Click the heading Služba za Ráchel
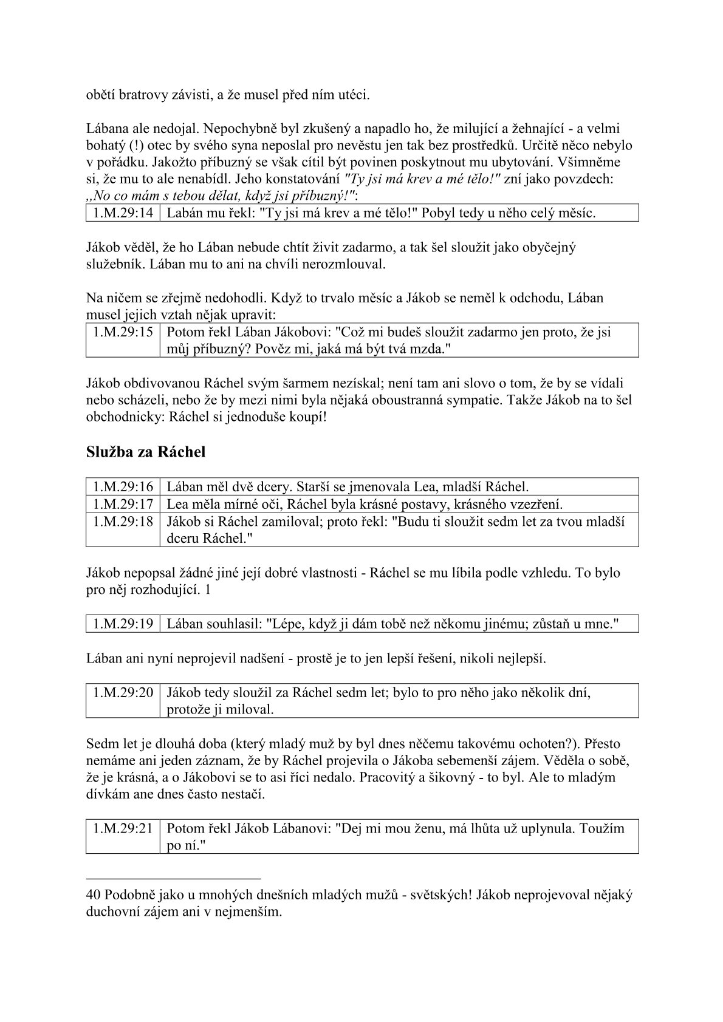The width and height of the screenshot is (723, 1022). [145, 452]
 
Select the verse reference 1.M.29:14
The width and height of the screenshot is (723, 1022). [123, 213]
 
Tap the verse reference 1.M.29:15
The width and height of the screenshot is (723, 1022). [123, 332]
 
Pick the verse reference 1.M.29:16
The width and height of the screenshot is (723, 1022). [123, 487]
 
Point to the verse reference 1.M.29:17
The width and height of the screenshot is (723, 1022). [123, 504]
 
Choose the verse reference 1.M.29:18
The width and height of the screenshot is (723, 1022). [123, 521]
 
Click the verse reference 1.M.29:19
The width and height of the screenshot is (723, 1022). [123, 624]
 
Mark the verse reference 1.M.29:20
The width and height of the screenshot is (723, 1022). [123, 692]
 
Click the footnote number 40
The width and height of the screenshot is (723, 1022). [94, 895]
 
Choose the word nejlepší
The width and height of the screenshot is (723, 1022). [522, 658]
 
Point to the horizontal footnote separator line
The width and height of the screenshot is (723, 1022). [173, 878]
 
